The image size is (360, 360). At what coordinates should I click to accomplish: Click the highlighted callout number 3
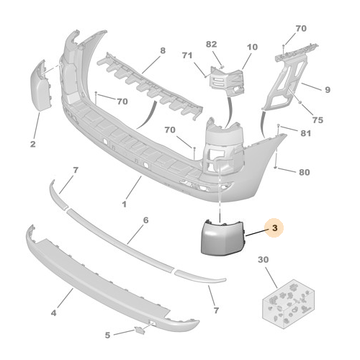275,228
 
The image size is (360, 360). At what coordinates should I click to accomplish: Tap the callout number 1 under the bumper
124,204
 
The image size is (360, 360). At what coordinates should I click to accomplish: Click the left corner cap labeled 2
41,86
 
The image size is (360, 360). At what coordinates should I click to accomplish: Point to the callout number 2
33,144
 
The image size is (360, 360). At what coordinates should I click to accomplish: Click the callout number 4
53,313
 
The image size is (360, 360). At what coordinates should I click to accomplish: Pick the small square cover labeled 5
140,330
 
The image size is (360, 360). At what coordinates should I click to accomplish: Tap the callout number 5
107,335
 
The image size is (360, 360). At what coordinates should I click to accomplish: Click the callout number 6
145,220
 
